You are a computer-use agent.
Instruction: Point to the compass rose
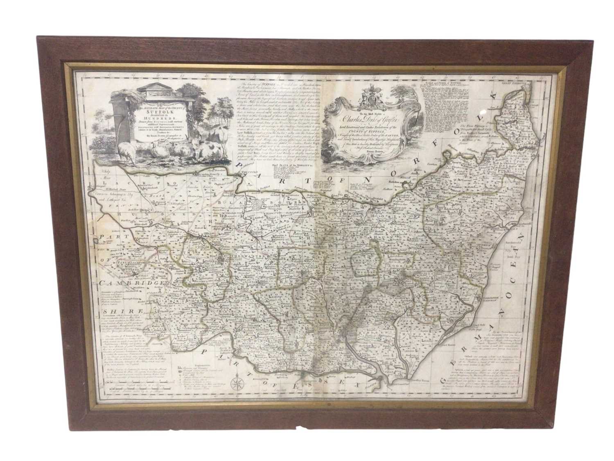coord(237,384)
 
